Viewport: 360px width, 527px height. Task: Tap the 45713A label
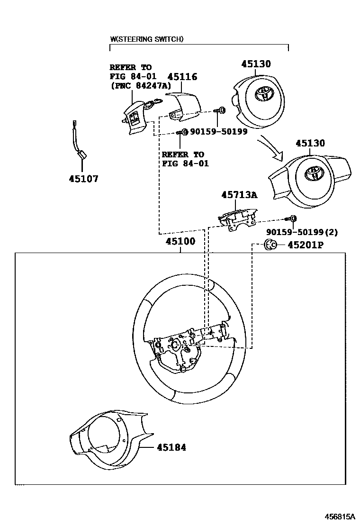(x=240, y=195)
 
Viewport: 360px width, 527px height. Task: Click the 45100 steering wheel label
(x=180, y=241)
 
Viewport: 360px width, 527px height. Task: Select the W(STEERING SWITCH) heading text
(x=146, y=40)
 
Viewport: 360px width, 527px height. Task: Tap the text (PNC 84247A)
(x=138, y=86)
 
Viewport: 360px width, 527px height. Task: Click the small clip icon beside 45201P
(x=269, y=245)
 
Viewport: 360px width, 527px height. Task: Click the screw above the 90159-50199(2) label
(x=291, y=218)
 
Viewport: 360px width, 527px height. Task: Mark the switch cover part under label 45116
(x=185, y=106)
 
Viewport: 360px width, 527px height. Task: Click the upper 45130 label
(x=256, y=64)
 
